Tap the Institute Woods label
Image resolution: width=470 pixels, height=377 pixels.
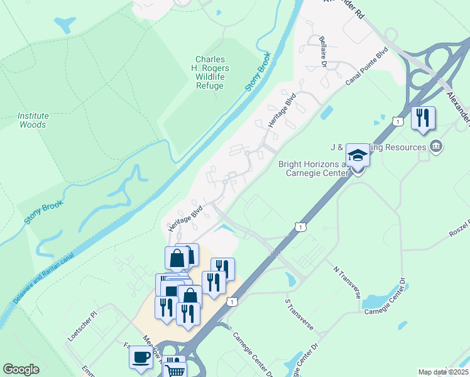tap(33, 120)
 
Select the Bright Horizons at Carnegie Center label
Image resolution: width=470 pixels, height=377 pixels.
tap(312, 168)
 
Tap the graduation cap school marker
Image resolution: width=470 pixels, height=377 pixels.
tap(358, 155)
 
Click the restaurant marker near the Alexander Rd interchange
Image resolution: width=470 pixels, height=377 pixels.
tap(423, 117)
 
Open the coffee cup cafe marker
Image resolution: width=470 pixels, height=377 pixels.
tap(141, 357)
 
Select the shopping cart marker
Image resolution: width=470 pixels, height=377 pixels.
tap(176, 371)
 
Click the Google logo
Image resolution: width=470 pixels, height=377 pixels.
tap(21, 369)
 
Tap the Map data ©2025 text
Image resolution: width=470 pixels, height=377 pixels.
tap(443, 372)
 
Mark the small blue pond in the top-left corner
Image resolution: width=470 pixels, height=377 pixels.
tap(65, 25)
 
